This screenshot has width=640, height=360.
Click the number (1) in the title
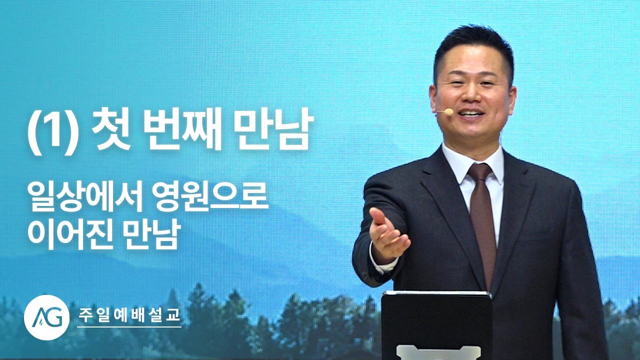coord(53,132)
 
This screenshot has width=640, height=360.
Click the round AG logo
coord(46,317)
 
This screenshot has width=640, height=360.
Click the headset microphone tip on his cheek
coord(449,111)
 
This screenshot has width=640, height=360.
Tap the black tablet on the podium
coord(437,325)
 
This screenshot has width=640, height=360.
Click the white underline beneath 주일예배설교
coord(129,326)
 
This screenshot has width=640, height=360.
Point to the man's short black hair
coord(473,43)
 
